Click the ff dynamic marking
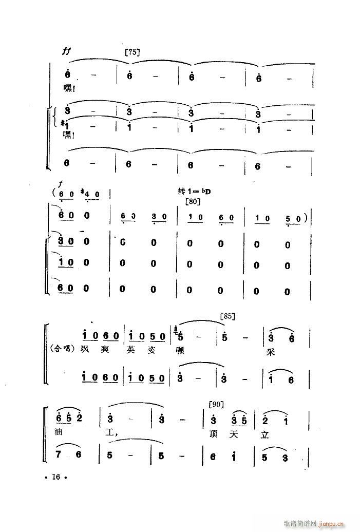click(x=65, y=51)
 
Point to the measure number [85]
click(x=226, y=317)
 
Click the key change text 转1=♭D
click(x=195, y=191)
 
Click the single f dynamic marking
click(x=61, y=184)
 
